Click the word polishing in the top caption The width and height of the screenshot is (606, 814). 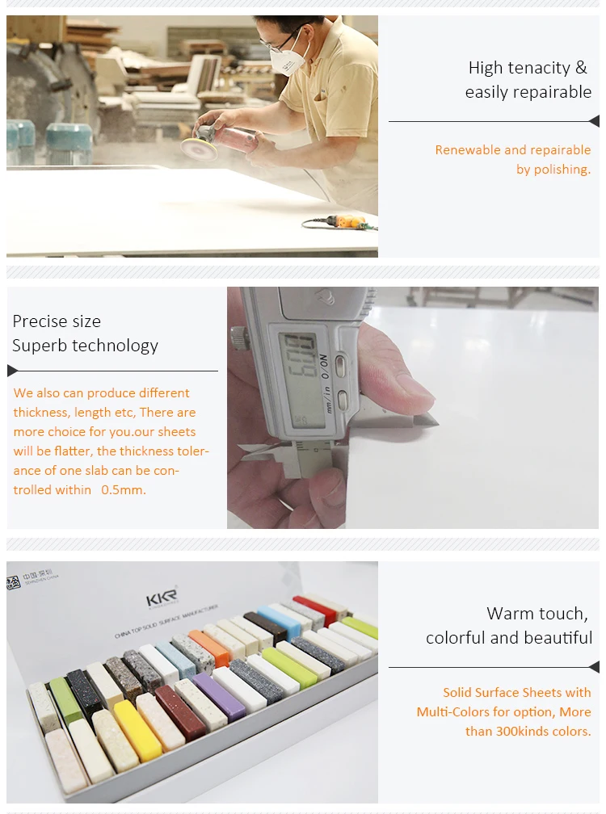click(x=560, y=170)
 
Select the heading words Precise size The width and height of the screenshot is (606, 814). click(x=57, y=321)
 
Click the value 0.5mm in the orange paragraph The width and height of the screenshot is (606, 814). click(x=124, y=490)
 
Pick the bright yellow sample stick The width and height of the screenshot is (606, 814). click(x=137, y=730)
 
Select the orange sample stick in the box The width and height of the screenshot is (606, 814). click(x=209, y=648)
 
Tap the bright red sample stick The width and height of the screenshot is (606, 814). click(x=314, y=610)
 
